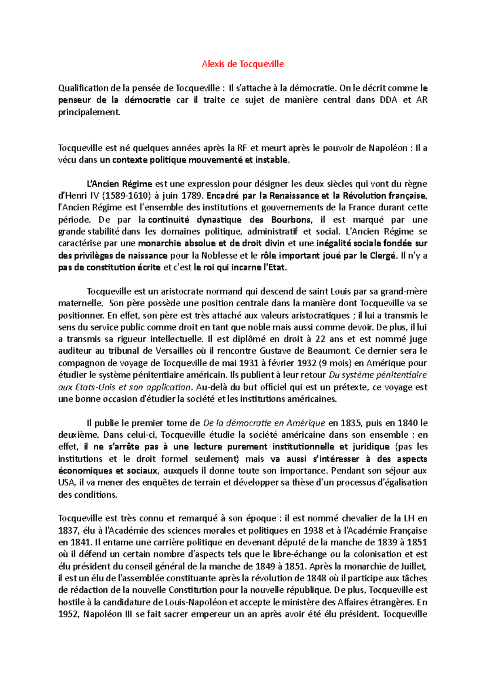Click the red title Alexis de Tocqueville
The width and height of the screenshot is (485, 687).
coord(242,64)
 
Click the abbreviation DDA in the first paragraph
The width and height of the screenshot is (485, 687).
coord(388,100)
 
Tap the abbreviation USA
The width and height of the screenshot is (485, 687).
coord(67,482)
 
